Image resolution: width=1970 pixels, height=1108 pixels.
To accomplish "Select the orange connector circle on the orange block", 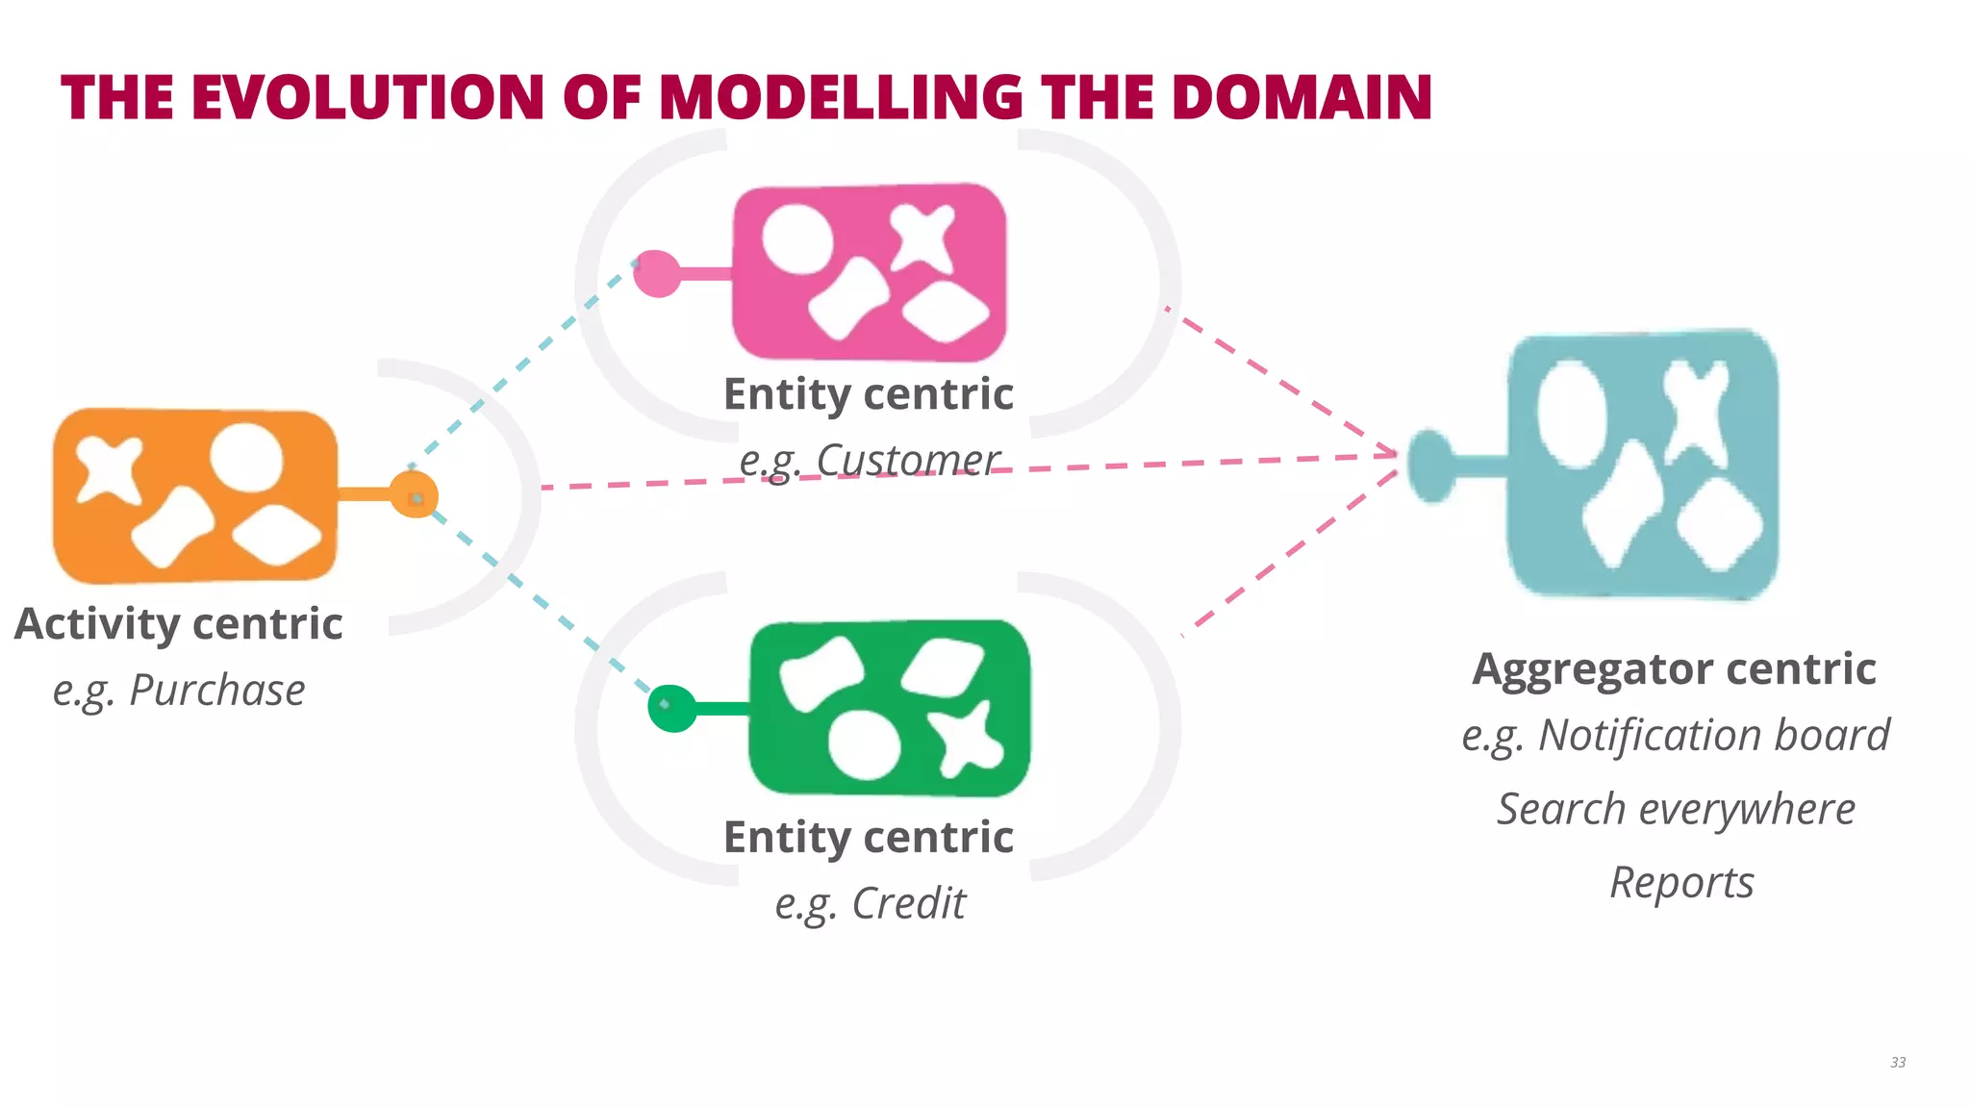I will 415,495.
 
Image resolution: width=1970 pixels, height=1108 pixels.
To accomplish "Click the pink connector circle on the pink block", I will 657,273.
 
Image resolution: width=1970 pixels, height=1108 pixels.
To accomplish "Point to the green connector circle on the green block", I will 671,709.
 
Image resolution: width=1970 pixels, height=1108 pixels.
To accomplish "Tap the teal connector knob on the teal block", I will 1431,466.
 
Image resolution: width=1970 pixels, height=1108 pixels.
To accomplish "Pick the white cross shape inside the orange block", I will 109,468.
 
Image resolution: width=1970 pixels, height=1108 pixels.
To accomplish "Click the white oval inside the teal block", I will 1571,414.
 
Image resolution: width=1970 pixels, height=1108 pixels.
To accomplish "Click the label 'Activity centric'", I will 179,623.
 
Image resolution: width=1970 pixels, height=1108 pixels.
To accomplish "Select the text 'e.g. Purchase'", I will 179,690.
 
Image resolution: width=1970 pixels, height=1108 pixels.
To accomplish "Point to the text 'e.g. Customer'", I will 869,460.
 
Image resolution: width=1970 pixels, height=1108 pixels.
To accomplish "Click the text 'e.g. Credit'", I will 870,903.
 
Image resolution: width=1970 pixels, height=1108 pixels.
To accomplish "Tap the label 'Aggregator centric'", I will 1674,668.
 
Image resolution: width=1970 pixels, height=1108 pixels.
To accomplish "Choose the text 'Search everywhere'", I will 1676,809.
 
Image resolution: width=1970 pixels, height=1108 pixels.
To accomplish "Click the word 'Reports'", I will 1681,882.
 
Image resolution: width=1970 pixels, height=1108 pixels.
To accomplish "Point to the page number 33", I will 1897,1062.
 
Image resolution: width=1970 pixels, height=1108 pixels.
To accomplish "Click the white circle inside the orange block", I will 247,458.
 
